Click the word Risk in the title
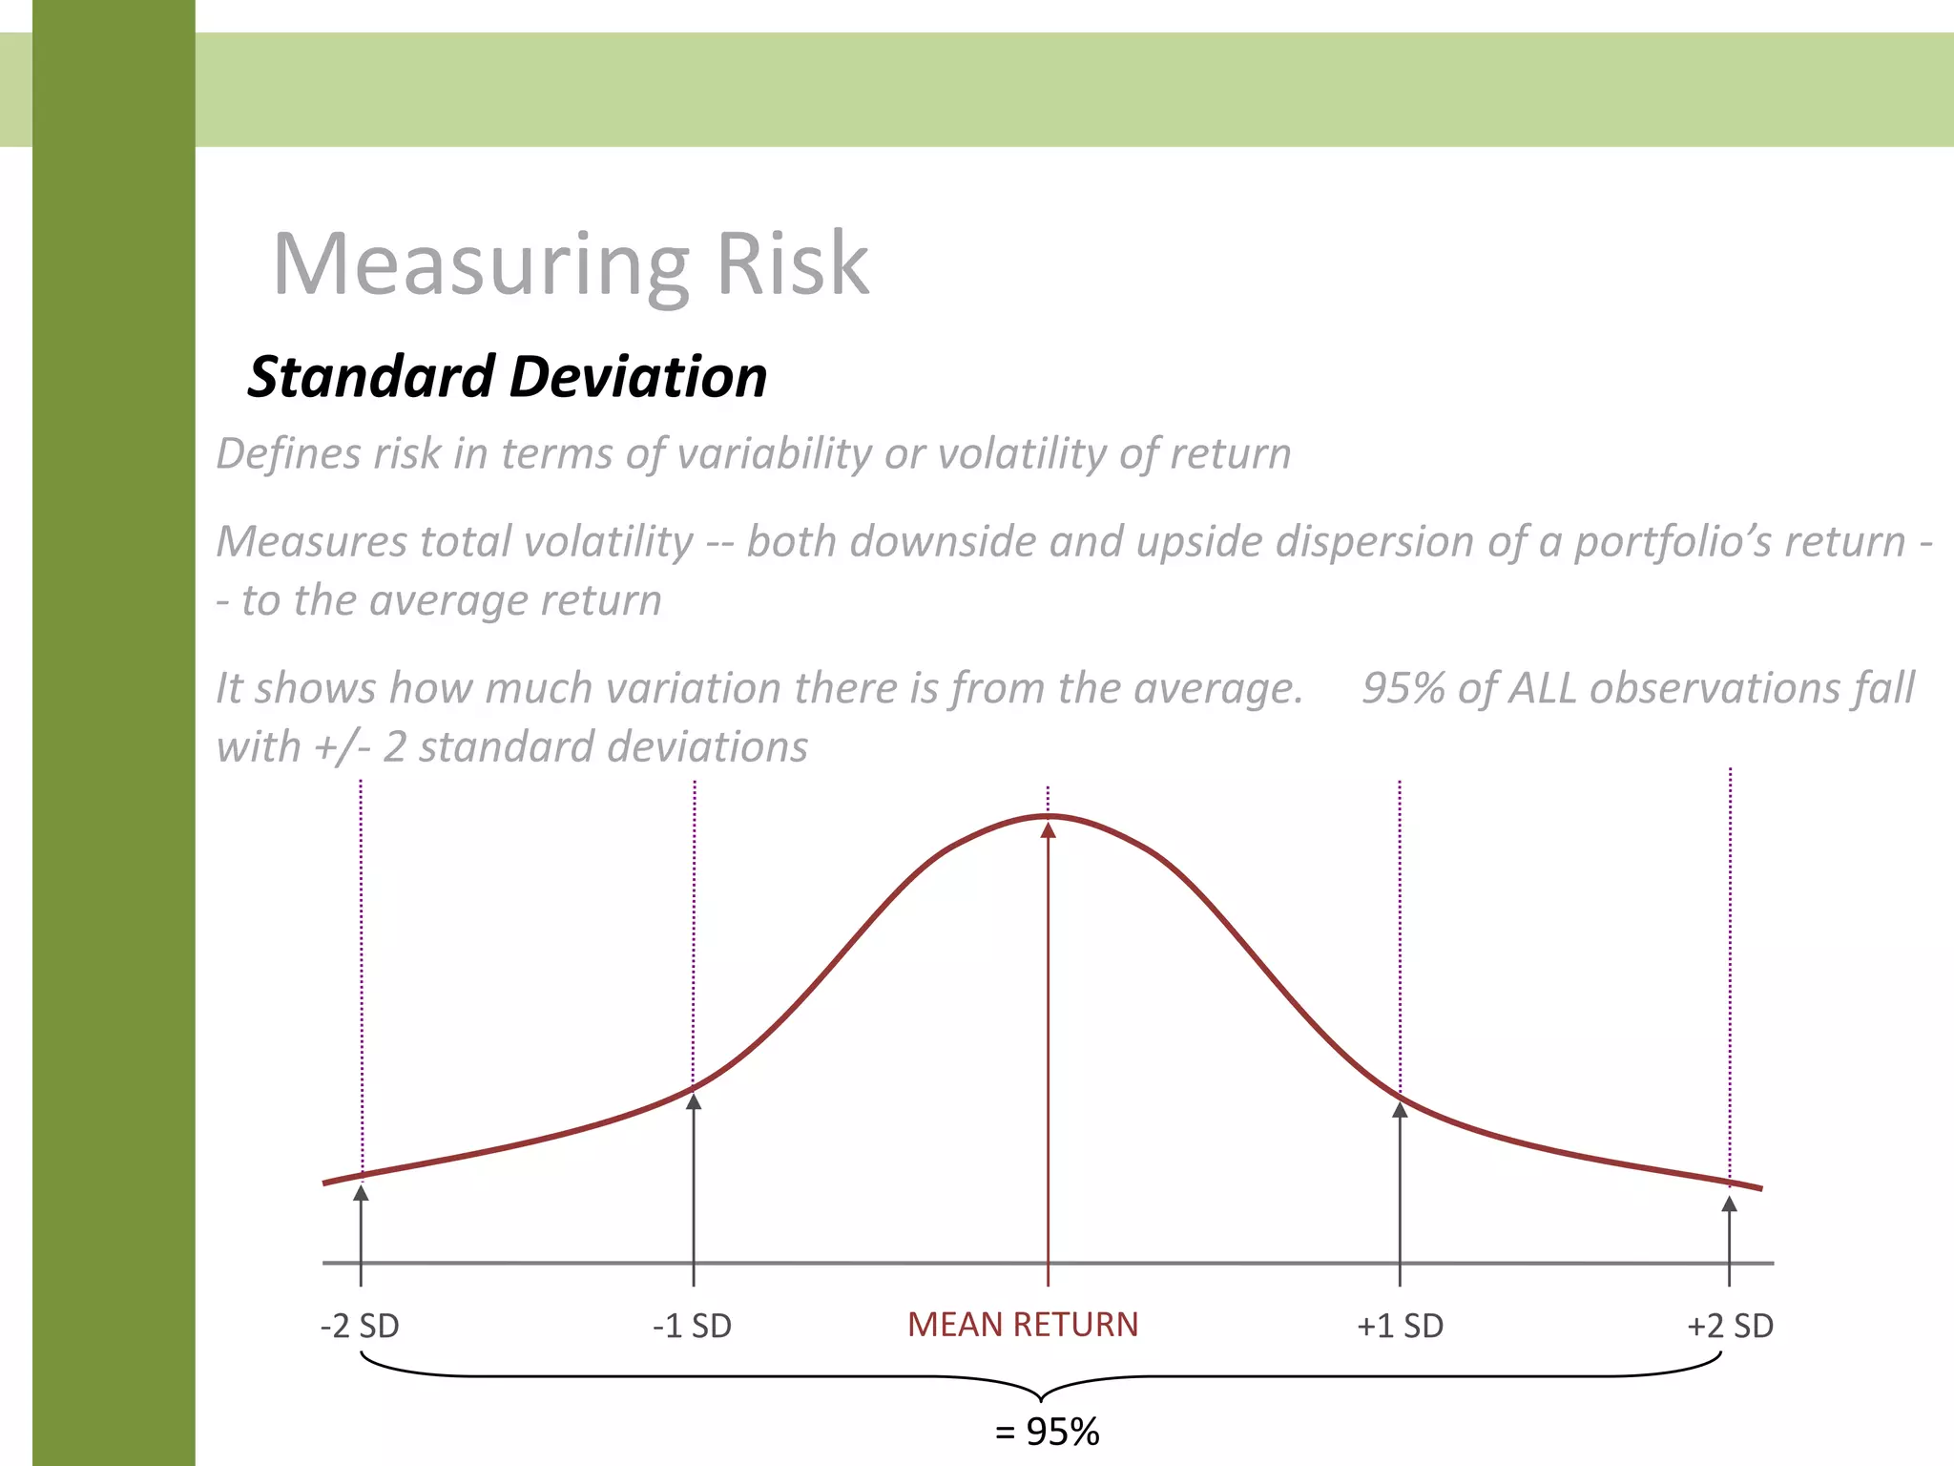(792, 263)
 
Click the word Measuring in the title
(481, 265)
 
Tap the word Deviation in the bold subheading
(638, 376)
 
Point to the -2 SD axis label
(360, 1326)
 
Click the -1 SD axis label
(693, 1326)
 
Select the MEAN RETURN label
(1023, 1325)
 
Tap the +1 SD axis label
(1400, 1326)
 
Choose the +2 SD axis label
(1730, 1326)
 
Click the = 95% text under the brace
(1048, 1432)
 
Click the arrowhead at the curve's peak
(1048, 830)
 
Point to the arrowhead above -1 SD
(694, 1101)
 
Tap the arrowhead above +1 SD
(1400, 1109)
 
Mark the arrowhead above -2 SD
(361, 1191)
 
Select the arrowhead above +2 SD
(1729, 1204)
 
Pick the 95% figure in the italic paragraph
(1403, 688)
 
